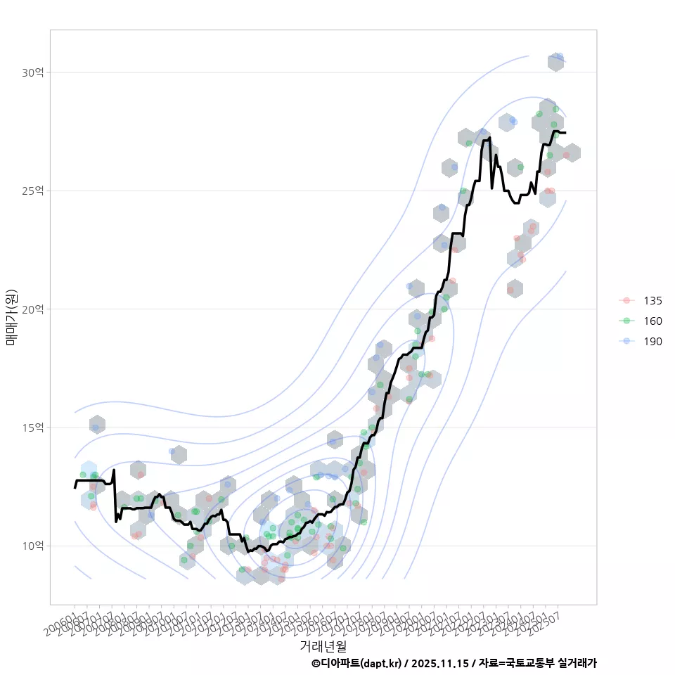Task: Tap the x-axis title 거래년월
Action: pos(323,645)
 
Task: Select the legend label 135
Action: pos(652,301)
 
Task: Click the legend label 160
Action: pos(652,321)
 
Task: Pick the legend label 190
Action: pos(652,342)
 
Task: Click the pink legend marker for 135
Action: pos(626,301)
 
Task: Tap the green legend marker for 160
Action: pos(626,321)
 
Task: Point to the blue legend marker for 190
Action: pos(626,342)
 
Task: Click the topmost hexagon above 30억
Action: pos(555,63)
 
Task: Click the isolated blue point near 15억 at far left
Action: pos(96,427)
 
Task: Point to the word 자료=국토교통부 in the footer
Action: pos(516,663)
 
